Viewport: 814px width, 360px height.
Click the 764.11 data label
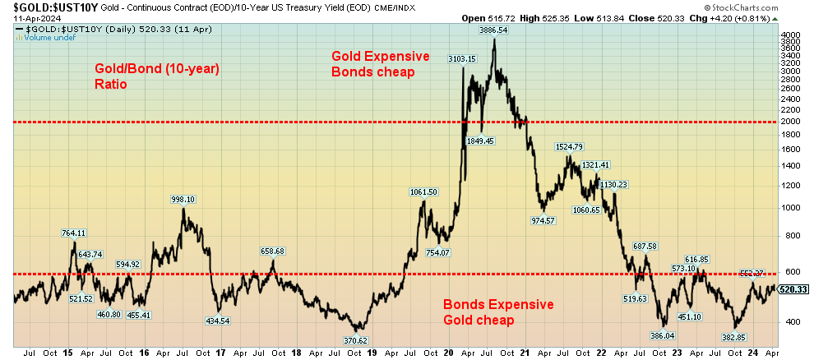74,233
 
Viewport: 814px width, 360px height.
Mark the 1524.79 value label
569,146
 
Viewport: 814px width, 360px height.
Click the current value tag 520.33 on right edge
793,289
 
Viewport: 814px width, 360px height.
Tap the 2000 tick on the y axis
790,122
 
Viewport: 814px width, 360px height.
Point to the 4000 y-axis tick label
790,35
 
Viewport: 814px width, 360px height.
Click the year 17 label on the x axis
221,353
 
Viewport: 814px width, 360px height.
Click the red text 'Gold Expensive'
380,56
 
